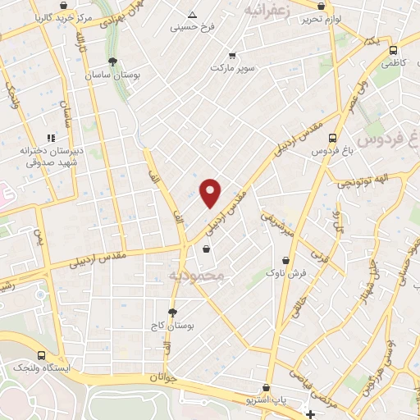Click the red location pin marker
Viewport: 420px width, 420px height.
[211, 192]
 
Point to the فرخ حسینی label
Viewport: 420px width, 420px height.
[192, 27]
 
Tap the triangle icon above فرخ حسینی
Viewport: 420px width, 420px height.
[192, 15]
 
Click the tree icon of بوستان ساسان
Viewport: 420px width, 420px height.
[112, 62]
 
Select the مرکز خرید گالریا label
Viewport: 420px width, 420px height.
[56, 17]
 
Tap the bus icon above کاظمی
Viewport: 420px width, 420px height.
[392, 49]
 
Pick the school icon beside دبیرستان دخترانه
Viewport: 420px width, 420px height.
[51, 139]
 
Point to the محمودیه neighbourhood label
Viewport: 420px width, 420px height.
[196, 276]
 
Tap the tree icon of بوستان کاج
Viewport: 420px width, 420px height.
[172, 313]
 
